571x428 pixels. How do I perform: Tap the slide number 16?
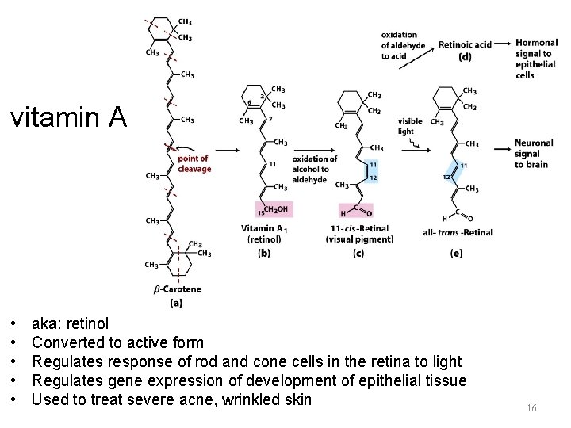(531, 407)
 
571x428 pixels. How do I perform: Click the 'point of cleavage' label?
(194, 163)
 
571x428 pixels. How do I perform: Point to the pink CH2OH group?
(271, 209)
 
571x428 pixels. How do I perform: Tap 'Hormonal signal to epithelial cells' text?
(536, 59)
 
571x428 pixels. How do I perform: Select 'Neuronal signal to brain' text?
(533, 154)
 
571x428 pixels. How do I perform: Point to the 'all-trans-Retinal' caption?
(457, 232)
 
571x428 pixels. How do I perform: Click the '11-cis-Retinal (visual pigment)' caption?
(359, 234)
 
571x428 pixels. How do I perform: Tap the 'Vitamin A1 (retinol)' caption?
(265, 233)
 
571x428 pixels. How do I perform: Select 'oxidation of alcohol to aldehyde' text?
(314, 169)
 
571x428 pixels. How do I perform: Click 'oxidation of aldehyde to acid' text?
(404, 46)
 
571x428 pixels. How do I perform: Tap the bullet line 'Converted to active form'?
(117, 342)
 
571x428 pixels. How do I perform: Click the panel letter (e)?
(456, 253)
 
